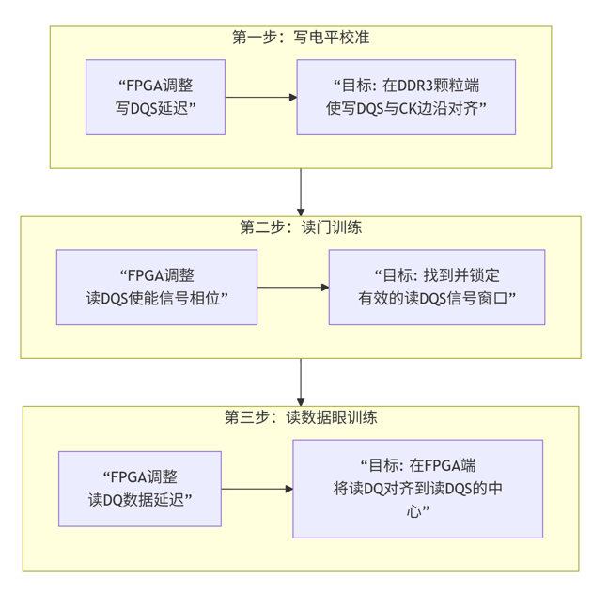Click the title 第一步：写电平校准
[300, 38]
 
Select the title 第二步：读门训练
[300, 228]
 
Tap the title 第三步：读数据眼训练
[300, 418]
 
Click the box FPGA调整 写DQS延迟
[155, 98]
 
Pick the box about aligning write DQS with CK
[406, 98]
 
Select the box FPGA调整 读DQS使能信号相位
[157, 288]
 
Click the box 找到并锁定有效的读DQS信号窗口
[436, 288]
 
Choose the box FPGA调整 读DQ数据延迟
[140, 489]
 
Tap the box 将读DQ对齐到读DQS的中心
[417, 489]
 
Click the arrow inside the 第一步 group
[260, 98]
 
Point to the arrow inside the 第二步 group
[292, 288]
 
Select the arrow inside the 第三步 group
[257, 489]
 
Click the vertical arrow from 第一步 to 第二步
[301, 193]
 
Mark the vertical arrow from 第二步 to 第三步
[301, 382]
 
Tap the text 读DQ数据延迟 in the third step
[140, 499]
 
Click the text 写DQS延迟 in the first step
[155, 109]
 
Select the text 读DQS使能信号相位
[157, 299]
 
